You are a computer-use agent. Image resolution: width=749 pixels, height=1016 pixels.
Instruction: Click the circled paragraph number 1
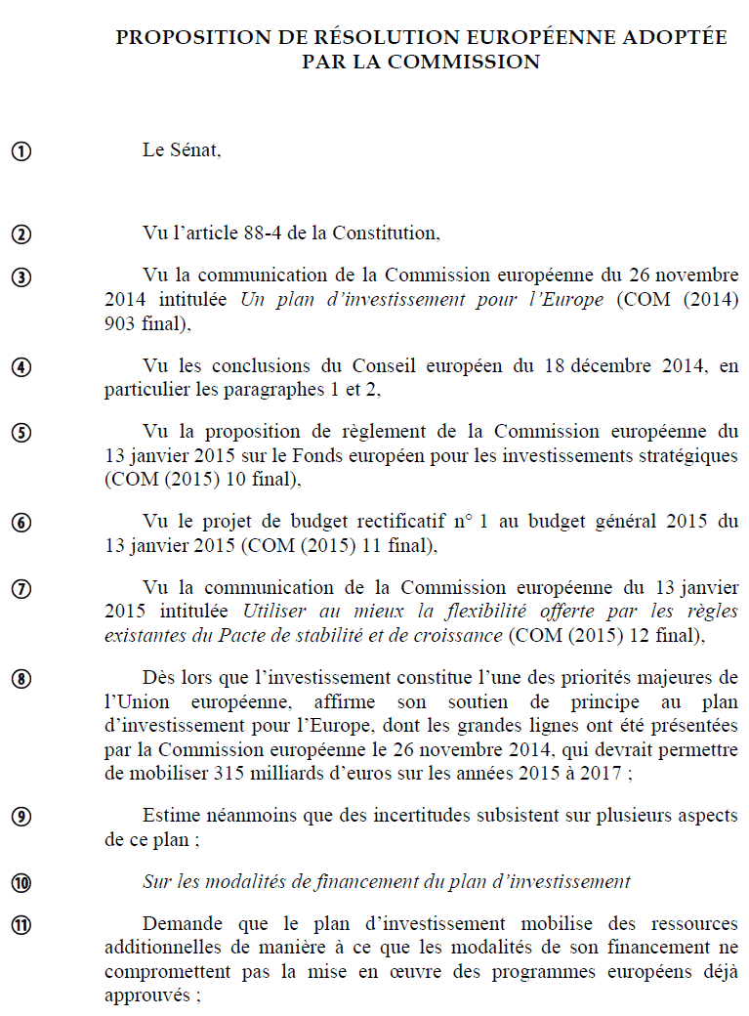pyautogui.click(x=21, y=151)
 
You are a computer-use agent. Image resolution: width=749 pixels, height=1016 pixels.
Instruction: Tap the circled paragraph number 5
pyautogui.click(x=21, y=432)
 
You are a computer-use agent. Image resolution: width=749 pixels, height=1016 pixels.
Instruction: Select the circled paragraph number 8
pyautogui.click(x=21, y=678)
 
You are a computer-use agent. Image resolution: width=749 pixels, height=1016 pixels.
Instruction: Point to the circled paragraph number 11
pyautogui.click(x=21, y=924)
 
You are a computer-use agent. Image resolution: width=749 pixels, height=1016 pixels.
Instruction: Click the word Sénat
pyautogui.click(x=194, y=150)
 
